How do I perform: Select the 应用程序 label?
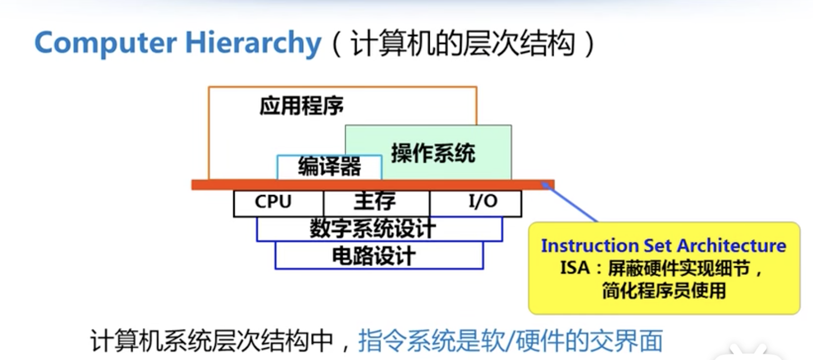[x=302, y=106]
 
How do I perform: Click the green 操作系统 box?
[x=433, y=153]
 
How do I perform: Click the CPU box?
[x=273, y=202]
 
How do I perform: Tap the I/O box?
[x=483, y=202]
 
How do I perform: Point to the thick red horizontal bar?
[x=372, y=184]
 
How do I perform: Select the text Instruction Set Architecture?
[x=664, y=246]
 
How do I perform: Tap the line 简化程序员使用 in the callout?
[x=664, y=290]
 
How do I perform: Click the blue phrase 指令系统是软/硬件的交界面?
[x=510, y=341]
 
